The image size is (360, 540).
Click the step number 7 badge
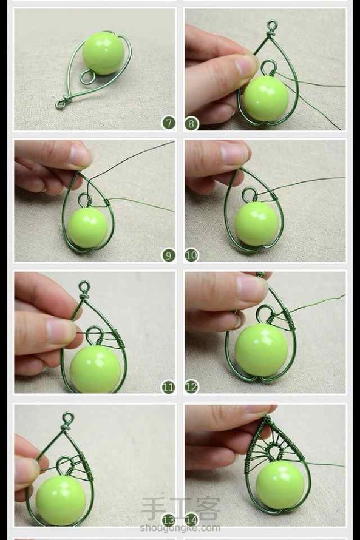[168, 123]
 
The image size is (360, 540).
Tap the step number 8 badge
[192, 123]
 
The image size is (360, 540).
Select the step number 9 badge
[168, 255]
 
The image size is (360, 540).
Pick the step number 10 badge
[192, 255]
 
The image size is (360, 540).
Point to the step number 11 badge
[168, 387]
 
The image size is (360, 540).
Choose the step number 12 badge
[192, 387]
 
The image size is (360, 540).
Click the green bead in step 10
[254, 225]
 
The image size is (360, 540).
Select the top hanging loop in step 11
[84, 287]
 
